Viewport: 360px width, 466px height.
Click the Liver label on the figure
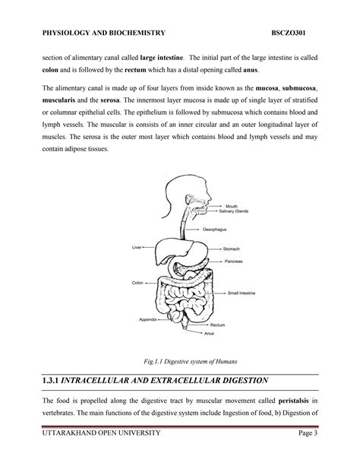coord(137,246)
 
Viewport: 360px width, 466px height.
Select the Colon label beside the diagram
coord(137,282)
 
